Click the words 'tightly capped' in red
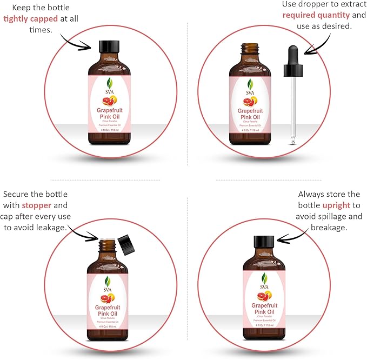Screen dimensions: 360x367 [31, 19]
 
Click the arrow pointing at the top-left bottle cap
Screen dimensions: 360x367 [76, 41]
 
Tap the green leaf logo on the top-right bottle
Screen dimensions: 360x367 [250, 84]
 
